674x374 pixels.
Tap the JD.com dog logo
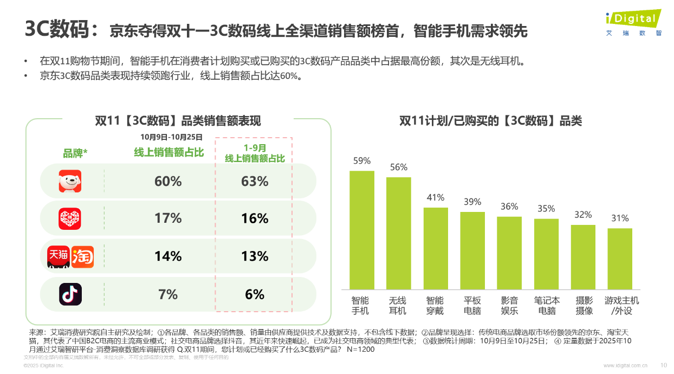[x=70, y=181]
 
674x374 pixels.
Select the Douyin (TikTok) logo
[x=70, y=294]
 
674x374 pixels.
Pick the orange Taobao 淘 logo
[x=82, y=256]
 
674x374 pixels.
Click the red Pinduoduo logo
[x=70, y=218]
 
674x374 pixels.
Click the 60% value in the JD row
[x=168, y=182]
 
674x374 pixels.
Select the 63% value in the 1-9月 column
[x=255, y=182]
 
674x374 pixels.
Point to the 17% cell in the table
[x=168, y=218]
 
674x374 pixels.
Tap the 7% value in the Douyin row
[x=168, y=294]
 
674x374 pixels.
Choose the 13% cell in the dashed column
[x=255, y=256]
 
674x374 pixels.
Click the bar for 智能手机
[x=361, y=230]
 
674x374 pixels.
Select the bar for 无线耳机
[x=398, y=233]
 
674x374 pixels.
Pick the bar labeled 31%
[x=619, y=259]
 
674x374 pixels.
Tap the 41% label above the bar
[x=435, y=198]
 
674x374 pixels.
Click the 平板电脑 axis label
[x=472, y=305]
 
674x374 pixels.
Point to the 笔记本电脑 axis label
[x=546, y=305]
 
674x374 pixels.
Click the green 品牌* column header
[x=75, y=153]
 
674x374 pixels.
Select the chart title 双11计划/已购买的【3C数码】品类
[x=490, y=121]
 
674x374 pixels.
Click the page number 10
[x=664, y=365]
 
